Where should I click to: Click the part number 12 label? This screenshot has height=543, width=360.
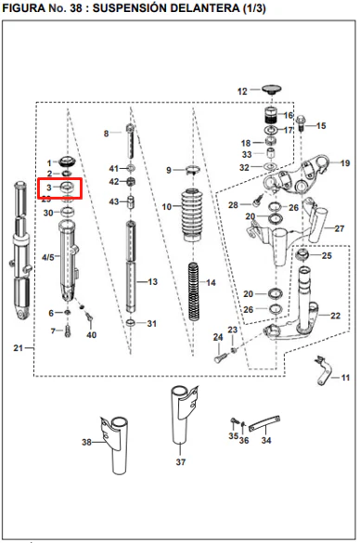coord(242,91)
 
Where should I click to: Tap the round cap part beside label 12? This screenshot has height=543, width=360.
coord(271,90)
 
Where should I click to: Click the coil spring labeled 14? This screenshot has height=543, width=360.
coord(194,291)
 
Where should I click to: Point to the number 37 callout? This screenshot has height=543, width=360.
coord(181,461)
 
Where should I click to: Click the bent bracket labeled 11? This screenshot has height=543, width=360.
coord(324,370)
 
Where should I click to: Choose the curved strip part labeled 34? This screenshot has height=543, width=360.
coord(264,423)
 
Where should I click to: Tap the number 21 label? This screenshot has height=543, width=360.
coord(18,348)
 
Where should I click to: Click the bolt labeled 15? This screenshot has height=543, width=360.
coord(300,123)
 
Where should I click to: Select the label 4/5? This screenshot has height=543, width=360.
coord(48,257)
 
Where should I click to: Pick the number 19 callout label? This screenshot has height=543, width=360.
coord(345,162)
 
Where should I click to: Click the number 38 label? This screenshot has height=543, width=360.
coord(86,442)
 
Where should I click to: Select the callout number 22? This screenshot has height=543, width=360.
coord(335,316)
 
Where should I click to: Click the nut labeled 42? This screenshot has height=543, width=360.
coord(131,181)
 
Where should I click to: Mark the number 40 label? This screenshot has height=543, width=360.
coord(91,335)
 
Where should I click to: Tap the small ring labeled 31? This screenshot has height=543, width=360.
coord(131,323)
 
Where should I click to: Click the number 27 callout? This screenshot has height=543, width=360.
coord(340,228)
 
